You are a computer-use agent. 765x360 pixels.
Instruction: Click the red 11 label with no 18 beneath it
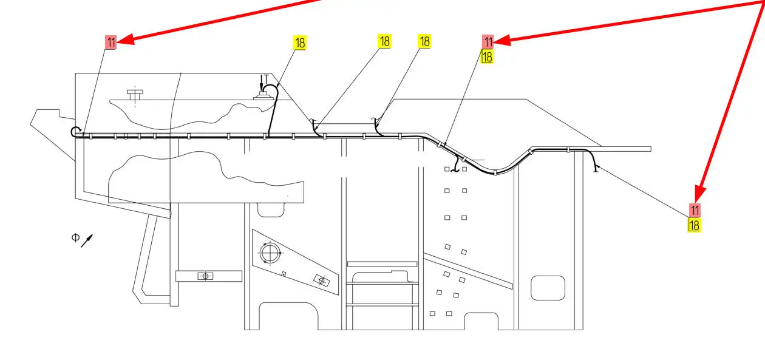(110, 42)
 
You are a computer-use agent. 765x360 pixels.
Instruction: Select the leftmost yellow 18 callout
(300, 42)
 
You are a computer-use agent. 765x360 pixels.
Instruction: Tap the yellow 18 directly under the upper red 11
(487, 56)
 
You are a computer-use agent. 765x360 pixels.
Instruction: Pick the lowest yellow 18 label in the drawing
(695, 225)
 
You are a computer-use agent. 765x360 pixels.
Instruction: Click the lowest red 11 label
(695, 210)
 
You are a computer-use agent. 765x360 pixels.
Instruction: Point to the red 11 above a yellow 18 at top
(488, 41)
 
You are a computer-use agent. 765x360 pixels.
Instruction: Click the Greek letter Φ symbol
(75, 237)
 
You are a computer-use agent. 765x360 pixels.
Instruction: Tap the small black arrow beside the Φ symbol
(87, 241)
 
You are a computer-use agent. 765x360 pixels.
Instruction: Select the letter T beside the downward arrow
(266, 78)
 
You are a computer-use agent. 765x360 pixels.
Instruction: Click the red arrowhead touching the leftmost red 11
(124, 41)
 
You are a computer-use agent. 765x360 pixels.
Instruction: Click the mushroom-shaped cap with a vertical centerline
(135, 93)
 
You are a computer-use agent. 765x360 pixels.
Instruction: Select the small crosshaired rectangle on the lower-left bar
(205, 276)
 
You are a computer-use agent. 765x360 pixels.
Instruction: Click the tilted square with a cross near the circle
(321, 280)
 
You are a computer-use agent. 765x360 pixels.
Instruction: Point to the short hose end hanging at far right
(596, 167)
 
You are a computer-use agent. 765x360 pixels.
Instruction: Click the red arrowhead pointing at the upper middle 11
(502, 41)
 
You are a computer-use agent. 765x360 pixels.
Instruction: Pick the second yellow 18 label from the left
(384, 41)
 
